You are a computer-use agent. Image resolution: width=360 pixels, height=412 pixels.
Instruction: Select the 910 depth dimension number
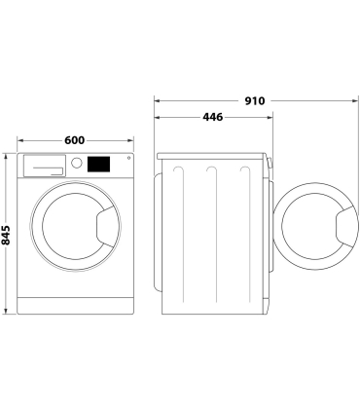(x=256, y=100)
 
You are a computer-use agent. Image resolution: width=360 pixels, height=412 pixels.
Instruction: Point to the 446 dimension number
(x=212, y=117)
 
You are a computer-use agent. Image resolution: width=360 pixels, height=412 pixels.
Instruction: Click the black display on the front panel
(x=99, y=164)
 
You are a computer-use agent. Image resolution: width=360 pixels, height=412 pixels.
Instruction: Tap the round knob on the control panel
(x=75, y=165)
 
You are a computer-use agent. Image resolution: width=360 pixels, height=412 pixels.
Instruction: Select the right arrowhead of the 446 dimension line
(x=269, y=117)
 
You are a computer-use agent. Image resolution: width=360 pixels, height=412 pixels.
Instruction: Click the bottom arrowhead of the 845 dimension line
(x=8, y=311)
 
